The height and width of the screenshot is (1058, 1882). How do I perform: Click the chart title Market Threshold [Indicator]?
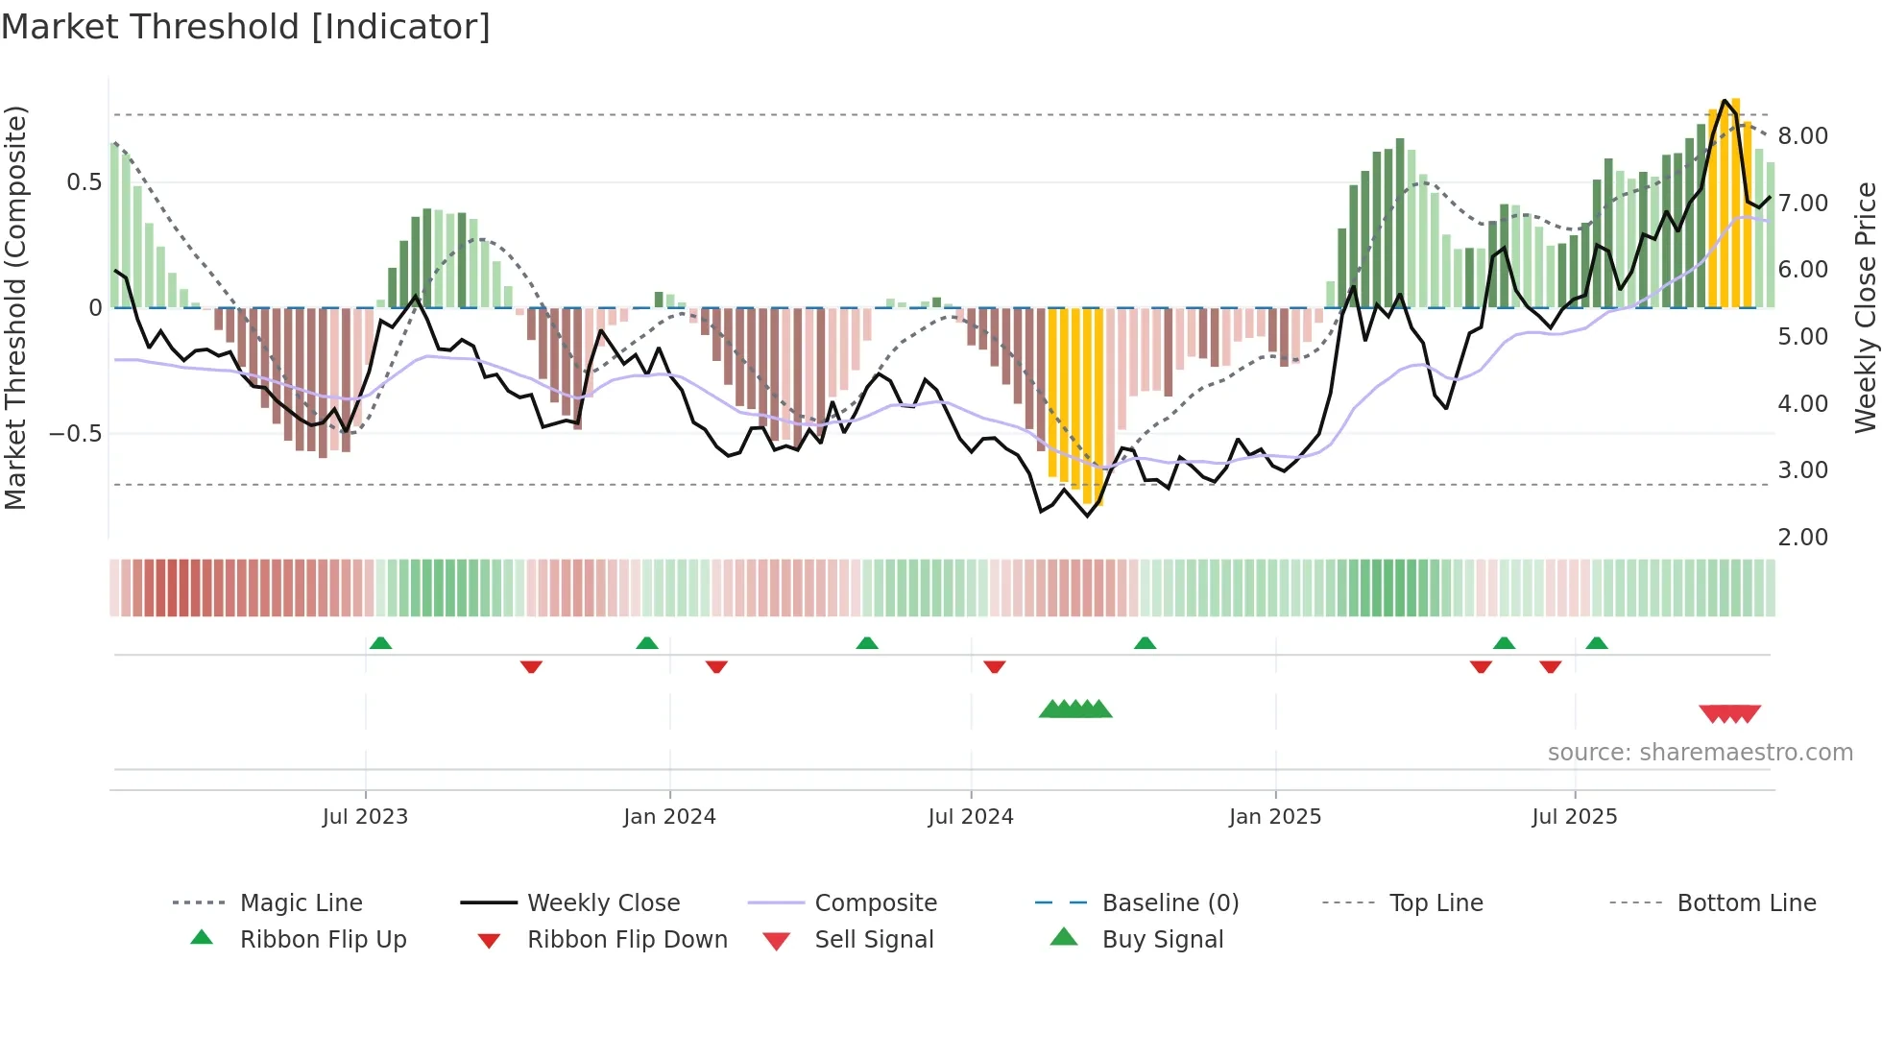[246, 27]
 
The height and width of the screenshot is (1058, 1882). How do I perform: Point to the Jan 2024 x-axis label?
[669, 817]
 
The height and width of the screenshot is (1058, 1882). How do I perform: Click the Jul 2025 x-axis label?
[1574, 817]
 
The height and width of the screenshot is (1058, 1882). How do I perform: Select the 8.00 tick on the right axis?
[1802, 136]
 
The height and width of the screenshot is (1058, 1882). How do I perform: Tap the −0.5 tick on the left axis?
[76, 434]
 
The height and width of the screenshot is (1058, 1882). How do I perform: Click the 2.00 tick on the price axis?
[1802, 538]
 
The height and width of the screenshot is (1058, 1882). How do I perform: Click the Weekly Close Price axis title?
[1865, 307]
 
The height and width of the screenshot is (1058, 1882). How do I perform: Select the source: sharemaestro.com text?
[1700, 753]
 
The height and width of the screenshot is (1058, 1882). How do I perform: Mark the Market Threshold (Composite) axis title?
[15, 307]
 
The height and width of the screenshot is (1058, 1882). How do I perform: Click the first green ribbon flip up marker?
[380, 642]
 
